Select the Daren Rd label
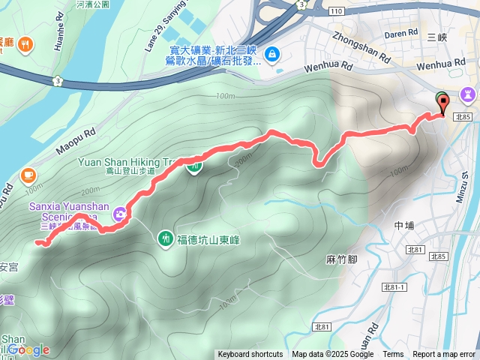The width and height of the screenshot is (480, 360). coord(401,33)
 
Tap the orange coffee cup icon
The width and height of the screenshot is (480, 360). coord(28,175)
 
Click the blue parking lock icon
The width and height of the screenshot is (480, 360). coord(271,55)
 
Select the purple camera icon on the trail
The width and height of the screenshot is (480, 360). coord(120,215)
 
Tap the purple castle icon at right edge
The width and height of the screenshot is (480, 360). coord(469,94)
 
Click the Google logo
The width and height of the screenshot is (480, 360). coord(28,349)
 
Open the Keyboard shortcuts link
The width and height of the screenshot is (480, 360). coord(250,355)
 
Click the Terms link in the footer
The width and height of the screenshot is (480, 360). coord(393,355)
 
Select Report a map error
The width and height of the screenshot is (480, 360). coord(445,355)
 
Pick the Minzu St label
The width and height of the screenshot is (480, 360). coord(465,187)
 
